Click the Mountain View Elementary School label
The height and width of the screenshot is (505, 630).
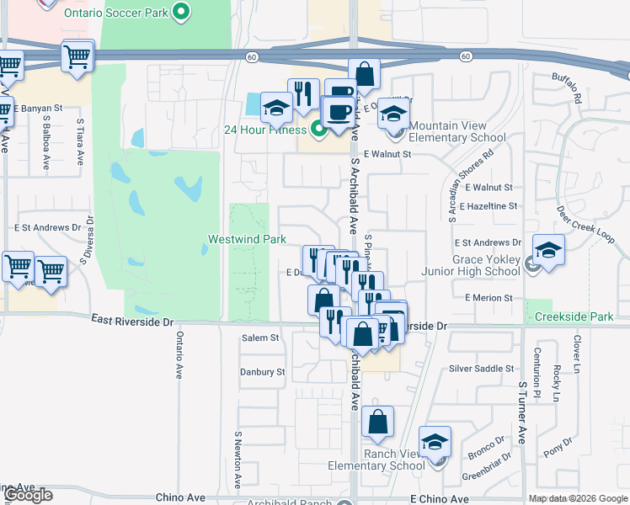click(x=459, y=131)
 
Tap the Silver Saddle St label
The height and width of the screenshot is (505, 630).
click(x=481, y=369)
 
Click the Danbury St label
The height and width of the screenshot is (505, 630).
click(x=262, y=372)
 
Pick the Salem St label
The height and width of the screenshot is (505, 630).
click(x=260, y=338)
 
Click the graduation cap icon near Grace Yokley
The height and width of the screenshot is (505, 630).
click(x=548, y=250)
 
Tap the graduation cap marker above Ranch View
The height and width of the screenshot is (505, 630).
click(x=435, y=441)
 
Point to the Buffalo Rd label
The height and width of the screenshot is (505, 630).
click(x=568, y=87)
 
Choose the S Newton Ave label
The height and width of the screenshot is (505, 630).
click(x=238, y=460)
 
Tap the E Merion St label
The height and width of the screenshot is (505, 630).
click(x=489, y=298)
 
